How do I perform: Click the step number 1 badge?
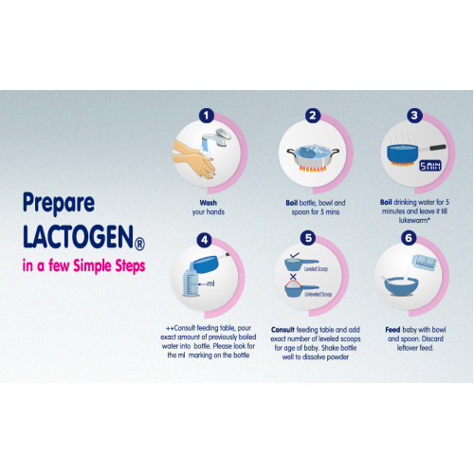(207, 116)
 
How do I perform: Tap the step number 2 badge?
(313, 116)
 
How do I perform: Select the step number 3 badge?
(414, 116)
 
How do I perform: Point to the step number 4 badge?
(204, 240)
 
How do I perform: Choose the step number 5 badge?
(308, 238)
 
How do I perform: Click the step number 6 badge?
(409, 238)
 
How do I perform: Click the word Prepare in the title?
(59, 203)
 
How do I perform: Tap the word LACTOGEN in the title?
(78, 237)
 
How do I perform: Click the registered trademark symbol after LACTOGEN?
(139, 244)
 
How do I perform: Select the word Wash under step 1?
(209, 203)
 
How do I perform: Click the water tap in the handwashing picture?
(217, 137)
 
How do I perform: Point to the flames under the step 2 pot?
(313, 169)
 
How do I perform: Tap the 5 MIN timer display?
(430, 166)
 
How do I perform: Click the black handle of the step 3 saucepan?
(437, 147)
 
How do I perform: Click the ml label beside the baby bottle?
(210, 283)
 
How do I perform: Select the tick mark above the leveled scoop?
(295, 255)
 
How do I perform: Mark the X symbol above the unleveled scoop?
(293, 277)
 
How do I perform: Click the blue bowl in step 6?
(402, 286)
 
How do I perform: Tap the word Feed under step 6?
(392, 330)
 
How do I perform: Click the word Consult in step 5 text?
(283, 330)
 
